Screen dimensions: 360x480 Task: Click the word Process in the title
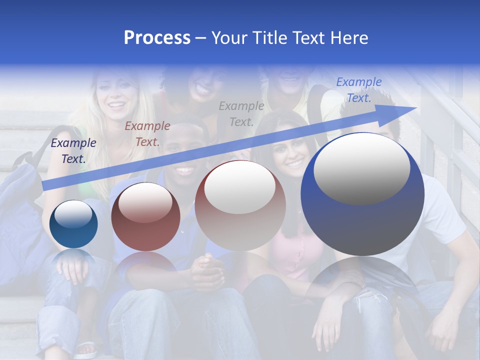click(x=157, y=38)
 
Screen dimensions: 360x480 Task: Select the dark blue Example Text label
click(x=73, y=150)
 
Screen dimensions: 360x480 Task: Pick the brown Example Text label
click(x=147, y=133)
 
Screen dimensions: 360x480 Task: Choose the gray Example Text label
click(x=241, y=113)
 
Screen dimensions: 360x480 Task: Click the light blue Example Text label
click(x=358, y=90)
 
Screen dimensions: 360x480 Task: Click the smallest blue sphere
click(x=73, y=224)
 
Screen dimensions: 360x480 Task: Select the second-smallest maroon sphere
click(x=145, y=217)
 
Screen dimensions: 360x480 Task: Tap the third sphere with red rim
click(x=240, y=205)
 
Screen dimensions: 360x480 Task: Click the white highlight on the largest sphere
click(x=361, y=169)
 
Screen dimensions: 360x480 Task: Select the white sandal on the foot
click(x=85, y=348)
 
